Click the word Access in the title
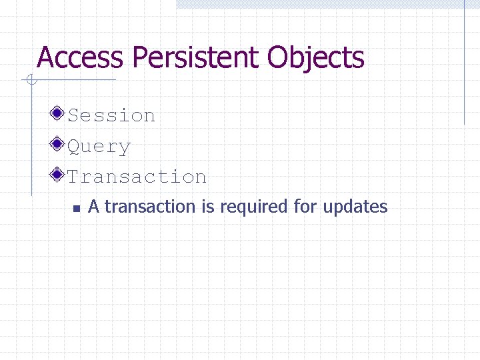click(80, 57)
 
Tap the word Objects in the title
click(316, 59)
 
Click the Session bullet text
click(111, 115)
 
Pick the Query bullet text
click(99, 147)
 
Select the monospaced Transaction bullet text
click(137, 177)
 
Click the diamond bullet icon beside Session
click(59, 113)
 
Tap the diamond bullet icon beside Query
click(59, 144)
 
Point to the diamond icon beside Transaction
click(59, 175)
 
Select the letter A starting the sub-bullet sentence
click(94, 207)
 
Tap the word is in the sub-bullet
click(208, 207)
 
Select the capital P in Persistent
click(138, 57)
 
